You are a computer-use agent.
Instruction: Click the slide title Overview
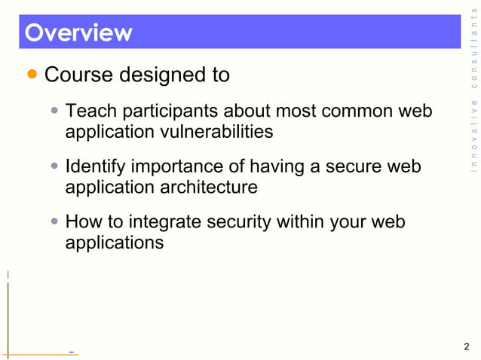[78, 33]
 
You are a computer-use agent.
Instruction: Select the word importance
[179, 166]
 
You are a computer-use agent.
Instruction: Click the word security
[241, 222]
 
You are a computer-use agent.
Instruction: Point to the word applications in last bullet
[115, 242]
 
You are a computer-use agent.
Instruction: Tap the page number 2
[467, 347]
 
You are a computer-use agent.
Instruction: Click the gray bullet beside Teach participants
[55, 111]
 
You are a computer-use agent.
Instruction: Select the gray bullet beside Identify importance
[55, 165]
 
